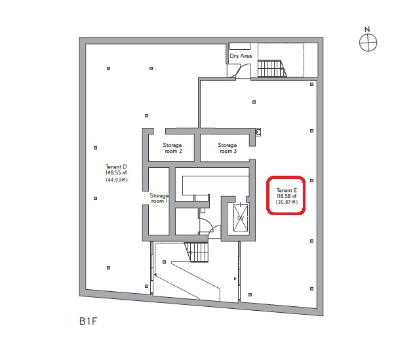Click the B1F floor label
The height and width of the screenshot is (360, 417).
[x=89, y=321]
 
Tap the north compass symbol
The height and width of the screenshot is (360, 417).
[x=368, y=43]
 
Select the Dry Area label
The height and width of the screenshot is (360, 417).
[x=241, y=56]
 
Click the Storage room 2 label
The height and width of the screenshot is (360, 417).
[x=172, y=148]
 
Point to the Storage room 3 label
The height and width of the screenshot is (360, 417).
[x=228, y=148]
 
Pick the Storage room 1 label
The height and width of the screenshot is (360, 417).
[x=159, y=198]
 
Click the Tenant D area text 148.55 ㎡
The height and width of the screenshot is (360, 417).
[x=116, y=172]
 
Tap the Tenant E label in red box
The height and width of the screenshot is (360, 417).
[x=287, y=190]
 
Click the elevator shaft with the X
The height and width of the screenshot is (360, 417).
[x=241, y=218]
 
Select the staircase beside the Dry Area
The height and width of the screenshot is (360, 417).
[x=272, y=69]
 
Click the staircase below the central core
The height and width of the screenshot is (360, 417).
[x=197, y=252]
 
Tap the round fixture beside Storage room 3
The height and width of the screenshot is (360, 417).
[x=258, y=132]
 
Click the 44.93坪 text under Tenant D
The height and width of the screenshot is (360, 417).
[x=117, y=180]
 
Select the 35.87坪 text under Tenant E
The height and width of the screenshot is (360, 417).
[x=287, y=202]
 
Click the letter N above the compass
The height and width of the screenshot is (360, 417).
[x=367, y=29]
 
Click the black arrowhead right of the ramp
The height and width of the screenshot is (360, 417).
[x=235, y=279]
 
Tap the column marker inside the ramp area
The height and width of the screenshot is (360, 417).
[x=164, y=262]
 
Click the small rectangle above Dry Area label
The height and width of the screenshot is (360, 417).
[x=240, y=47]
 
